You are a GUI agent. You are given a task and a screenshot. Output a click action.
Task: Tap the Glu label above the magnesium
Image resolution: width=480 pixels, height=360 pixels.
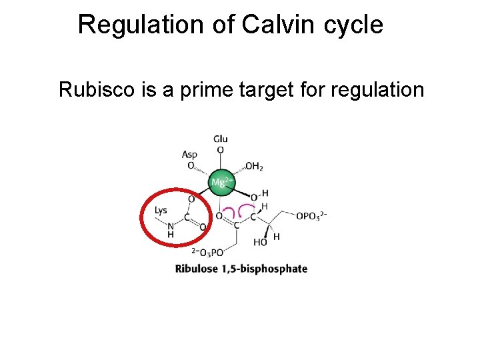(220, 139)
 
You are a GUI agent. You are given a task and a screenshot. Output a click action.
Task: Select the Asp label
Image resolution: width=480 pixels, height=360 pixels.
(189, 155)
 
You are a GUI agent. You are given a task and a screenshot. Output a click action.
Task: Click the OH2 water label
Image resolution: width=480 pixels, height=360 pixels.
(254, 166)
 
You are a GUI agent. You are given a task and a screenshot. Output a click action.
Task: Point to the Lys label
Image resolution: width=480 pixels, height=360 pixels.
(161, 210)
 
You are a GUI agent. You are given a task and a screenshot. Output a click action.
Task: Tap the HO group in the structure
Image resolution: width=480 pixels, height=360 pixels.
(260, 243)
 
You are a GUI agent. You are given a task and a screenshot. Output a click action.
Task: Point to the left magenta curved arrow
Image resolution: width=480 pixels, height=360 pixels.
(229, 212)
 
